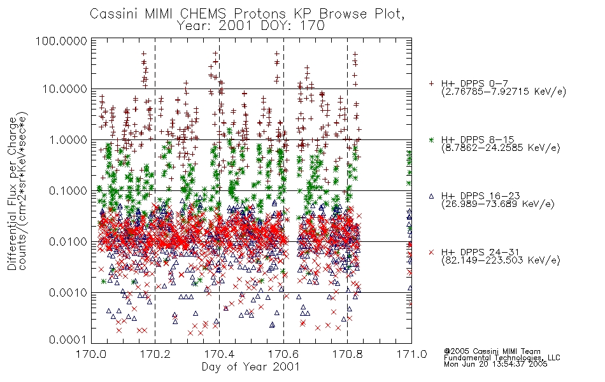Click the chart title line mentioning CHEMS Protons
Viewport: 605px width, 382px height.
click(247, 14)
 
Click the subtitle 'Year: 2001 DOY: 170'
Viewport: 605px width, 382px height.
click(250, 26)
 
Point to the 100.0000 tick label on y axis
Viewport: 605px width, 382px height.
click(61, 41)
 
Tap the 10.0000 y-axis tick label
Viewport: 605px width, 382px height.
click(64, 89)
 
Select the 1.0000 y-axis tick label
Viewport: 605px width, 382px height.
click(68, 139)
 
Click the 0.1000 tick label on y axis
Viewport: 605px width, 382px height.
click(68, 190)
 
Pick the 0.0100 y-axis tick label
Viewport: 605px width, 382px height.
click(68, 242)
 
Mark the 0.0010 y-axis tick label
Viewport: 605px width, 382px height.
click(68, 293)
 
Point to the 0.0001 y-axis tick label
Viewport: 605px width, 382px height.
click(68, 340)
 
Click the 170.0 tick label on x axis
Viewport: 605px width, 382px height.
click(92, 354)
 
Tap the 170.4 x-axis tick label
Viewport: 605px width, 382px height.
click(219, 354)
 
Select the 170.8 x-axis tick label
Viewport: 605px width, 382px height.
click(347, 354)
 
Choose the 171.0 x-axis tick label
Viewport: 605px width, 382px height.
click(411, 354)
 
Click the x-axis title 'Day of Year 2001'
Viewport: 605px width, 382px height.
click(250, 366)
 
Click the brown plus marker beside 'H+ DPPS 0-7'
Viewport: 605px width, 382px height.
click(431, 83)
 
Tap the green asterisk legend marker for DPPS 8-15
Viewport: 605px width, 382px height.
click(431, 139)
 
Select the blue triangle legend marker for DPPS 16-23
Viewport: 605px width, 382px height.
click(431, 196)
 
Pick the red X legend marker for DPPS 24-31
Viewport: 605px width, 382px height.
click(431, 252)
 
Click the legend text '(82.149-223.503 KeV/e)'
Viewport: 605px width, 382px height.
click(501, 260)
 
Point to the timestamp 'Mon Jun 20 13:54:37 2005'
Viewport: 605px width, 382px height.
click(495, 364)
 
